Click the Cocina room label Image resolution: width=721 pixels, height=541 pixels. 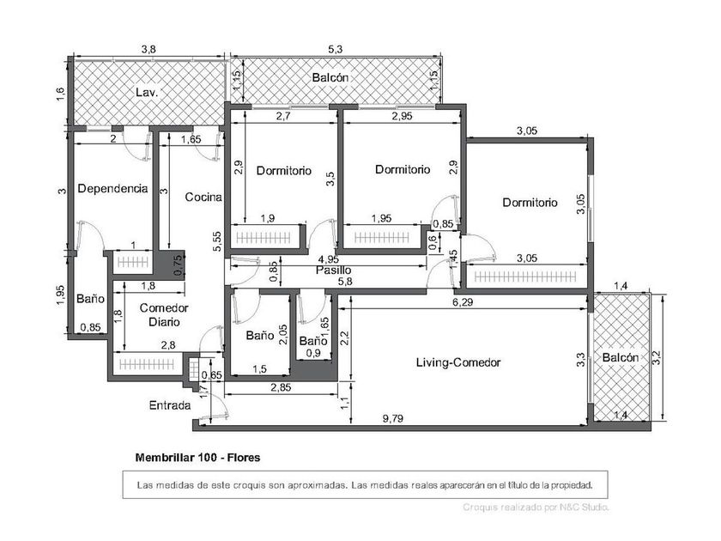coord(203,198)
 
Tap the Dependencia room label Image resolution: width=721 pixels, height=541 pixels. coord(112,189)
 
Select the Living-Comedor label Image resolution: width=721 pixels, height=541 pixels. coord(458,362)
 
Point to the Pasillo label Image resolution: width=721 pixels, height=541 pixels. coord(333,270)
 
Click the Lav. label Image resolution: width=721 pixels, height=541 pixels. coord(147,93)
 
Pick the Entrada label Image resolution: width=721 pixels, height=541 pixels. coord(170,405)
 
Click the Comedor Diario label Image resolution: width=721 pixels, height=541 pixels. coord(164,314)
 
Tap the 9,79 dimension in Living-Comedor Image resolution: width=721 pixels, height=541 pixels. coord(393,418)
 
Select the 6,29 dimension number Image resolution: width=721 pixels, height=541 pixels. coord(463,301)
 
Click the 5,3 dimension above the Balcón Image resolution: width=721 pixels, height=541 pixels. coord(336,49)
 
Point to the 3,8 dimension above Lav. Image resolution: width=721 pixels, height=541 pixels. coord(148,49)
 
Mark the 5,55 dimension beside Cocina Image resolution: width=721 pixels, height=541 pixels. coord(217,241)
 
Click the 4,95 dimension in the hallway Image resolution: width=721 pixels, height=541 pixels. coord(328,259)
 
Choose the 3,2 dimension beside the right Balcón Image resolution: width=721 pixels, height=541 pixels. coord(657,358)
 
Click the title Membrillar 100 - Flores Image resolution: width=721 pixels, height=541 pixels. coord(197,458)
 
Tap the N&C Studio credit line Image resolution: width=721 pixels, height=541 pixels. coord(536,508)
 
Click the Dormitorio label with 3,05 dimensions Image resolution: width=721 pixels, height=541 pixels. coord(530,203)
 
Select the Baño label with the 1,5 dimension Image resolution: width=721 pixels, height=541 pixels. coord(260,336)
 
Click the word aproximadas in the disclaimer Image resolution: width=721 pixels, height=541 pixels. coord(318,485)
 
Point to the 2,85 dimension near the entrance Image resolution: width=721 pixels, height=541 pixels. coord(281,387)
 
